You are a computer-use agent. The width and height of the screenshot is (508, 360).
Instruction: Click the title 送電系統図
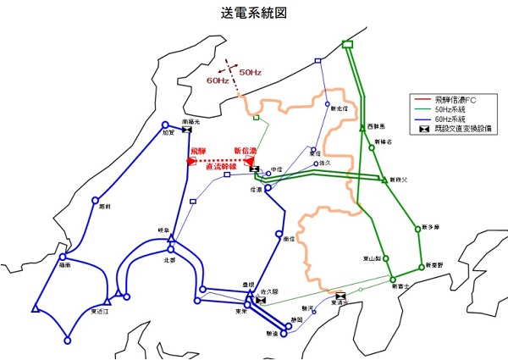pos(254,14)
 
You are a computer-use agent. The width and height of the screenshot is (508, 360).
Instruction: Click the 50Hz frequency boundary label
pos(250,71)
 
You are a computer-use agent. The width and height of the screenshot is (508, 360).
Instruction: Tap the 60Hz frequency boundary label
pos(218,80)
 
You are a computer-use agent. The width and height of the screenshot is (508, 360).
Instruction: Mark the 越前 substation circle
pos(93,200)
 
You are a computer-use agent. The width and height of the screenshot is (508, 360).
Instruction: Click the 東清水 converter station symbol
pos(340,295)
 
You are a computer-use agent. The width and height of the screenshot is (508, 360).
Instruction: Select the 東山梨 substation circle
pos(385,257)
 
